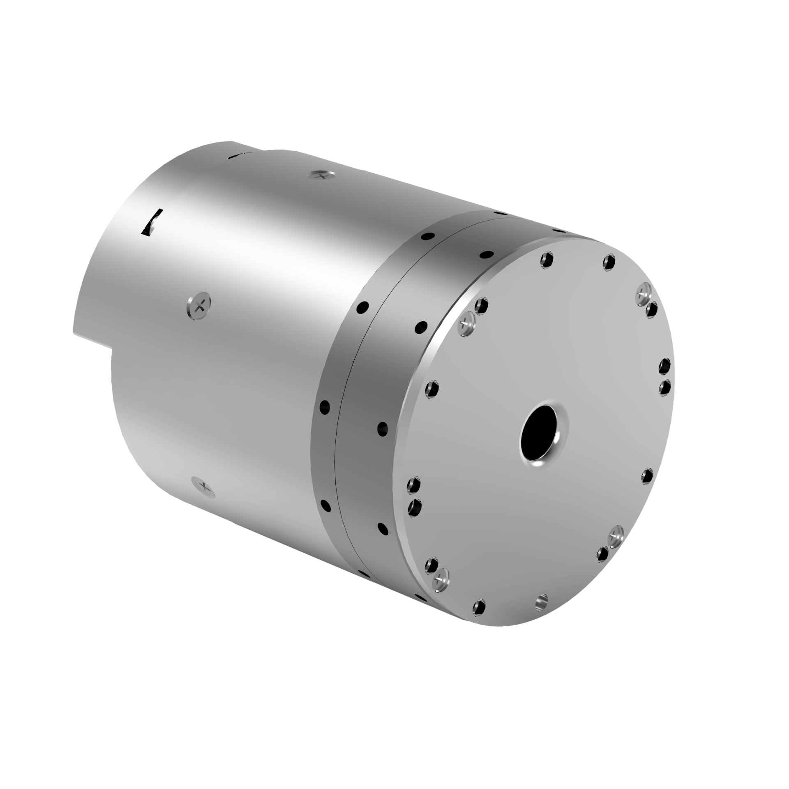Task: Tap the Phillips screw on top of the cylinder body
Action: (x=322, y=175)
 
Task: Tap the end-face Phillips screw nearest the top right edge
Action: (x=642, y=293)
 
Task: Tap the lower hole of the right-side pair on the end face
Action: (x=664, y=387)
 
